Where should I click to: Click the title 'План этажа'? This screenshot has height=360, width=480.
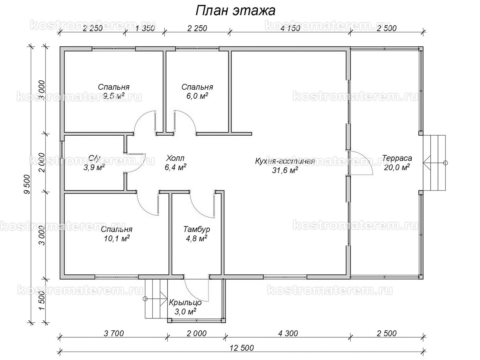tap(235, 11)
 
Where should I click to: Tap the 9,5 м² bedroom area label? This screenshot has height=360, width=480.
tap(114, 96)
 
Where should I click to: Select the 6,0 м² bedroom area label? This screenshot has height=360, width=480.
tap(197, 96)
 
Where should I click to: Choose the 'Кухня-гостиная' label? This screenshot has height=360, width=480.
tap(285, 161)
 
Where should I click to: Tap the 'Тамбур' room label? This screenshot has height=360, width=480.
tap(196, 230)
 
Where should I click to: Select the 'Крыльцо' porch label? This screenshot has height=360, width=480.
tap(185, 302)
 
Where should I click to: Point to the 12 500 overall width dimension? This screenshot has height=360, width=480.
tap(241, 348)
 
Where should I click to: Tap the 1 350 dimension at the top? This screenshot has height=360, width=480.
tap(145, 28)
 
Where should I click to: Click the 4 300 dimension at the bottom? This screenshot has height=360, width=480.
tap(287, 333)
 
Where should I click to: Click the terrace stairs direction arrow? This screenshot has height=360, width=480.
tap(427, 163)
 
